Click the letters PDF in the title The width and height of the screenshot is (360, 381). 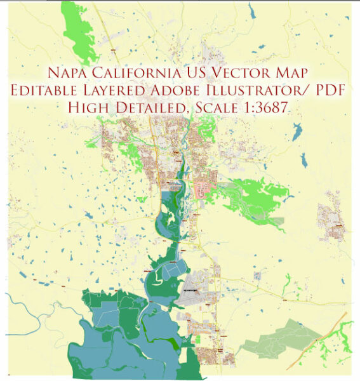pos(326,90)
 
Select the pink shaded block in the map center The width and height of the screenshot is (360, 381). pos(204,188)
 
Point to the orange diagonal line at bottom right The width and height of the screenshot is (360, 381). pos(330,330)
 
